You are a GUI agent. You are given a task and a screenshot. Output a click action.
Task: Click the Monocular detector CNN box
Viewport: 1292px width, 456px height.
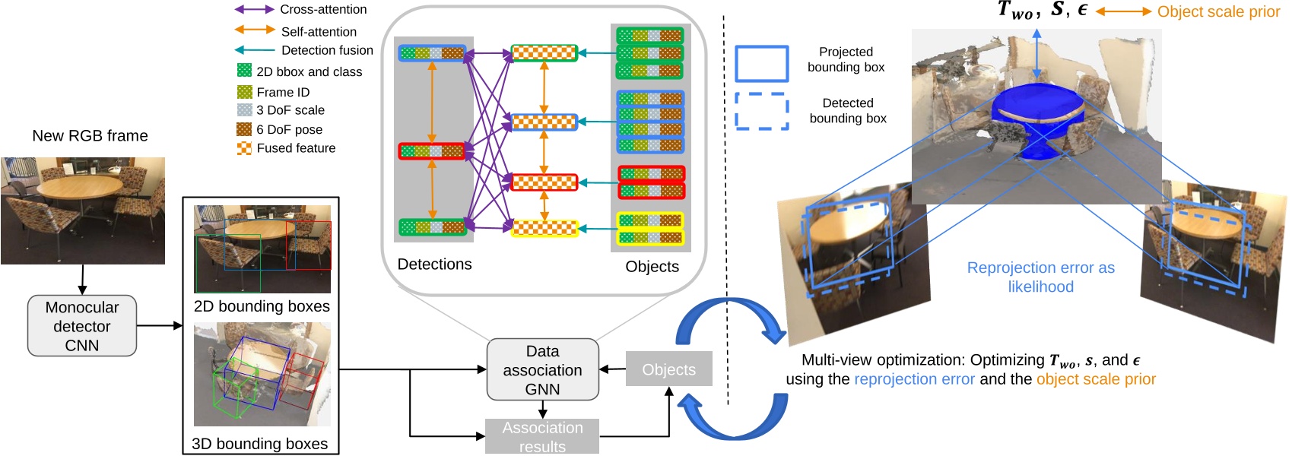point(82,326)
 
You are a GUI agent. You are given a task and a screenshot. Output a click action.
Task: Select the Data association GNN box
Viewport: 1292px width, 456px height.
point(542,370)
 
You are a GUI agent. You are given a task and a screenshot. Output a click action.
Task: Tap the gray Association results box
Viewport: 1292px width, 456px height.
point(542,436)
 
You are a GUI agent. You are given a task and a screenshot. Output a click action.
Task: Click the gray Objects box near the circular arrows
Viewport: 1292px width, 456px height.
point(668,369)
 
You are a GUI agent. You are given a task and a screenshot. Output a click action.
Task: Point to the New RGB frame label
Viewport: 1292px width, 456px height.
point(90,136)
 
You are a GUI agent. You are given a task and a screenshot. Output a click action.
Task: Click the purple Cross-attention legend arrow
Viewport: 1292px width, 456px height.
point(254,10)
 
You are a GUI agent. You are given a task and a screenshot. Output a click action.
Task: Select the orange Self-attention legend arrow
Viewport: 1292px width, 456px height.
point(254,30)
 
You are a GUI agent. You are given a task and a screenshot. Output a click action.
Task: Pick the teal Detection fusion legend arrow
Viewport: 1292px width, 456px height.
point(254,50)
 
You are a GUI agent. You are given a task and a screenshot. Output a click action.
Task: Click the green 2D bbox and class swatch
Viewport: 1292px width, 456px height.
point(244,71)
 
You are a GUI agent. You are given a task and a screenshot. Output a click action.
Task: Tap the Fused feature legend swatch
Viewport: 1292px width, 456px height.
point(244,148)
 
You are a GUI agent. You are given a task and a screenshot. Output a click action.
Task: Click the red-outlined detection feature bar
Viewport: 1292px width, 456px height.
point(432,151)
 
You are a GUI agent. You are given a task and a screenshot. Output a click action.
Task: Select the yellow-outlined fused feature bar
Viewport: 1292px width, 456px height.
point(544,227)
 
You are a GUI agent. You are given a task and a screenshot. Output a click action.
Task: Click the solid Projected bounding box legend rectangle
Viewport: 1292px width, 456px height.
point(761,63)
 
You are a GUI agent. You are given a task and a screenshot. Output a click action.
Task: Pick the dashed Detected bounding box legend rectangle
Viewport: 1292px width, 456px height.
point(761,112)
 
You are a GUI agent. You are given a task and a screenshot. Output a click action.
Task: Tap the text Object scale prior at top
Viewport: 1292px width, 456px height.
point(1218,11)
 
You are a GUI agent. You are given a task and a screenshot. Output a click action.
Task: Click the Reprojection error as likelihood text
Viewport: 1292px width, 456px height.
point(1040,277)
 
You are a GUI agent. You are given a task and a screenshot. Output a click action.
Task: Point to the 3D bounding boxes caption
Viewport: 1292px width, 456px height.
point(259,444)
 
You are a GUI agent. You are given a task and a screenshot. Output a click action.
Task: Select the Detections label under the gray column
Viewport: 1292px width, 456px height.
point(434,264)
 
